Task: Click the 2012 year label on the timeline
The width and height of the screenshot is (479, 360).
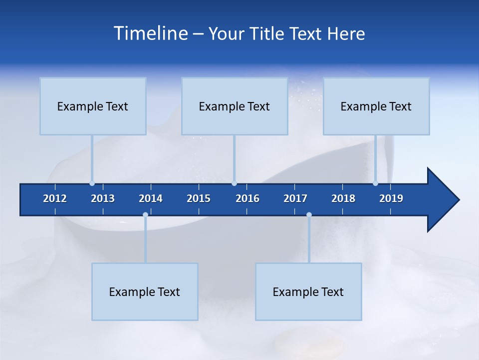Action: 55,198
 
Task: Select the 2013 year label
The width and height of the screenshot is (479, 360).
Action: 103,198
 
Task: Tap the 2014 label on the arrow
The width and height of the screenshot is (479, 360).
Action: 151,198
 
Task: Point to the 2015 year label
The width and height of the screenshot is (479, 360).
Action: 199,198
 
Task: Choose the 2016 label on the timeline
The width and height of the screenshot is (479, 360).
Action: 247,198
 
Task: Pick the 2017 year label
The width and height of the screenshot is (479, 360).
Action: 295,198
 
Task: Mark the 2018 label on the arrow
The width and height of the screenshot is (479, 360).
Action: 343,198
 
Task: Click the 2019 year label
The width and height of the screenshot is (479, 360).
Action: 391,198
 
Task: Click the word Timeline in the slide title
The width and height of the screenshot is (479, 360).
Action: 150,33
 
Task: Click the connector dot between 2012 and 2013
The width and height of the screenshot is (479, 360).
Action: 92,183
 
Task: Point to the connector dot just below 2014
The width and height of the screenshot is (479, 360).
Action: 145,215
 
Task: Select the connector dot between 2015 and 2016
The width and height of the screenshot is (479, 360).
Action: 234,183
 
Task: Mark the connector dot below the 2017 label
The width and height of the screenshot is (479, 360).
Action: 309,215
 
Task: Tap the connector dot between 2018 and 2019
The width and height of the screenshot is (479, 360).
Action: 375,183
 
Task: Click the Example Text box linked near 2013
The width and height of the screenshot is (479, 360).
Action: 93,106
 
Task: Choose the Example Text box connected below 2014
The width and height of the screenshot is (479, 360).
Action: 145,291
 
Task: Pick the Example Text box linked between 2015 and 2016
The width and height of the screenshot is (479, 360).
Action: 235,106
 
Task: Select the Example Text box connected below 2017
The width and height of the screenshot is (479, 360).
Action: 308,291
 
